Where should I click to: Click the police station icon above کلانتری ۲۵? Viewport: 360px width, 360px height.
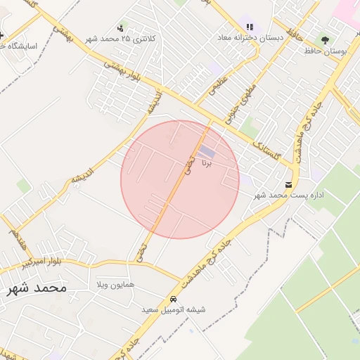[x=121, y=29]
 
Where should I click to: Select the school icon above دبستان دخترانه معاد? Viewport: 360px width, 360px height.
[x=250, y=27]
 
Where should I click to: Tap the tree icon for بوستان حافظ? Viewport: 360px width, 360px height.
[x=324, y=41]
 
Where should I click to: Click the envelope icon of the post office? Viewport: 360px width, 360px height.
[x=288, y=184]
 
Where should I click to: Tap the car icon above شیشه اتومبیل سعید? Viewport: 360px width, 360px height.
[x=174, y=299]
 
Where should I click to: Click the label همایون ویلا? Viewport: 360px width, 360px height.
[x=115, y=285]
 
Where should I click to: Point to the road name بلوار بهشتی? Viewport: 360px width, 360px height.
[x=122, y=75]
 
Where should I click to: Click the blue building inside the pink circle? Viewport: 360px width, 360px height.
[x=207, y=152]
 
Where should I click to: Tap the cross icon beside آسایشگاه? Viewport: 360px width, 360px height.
[x=2, y=34]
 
